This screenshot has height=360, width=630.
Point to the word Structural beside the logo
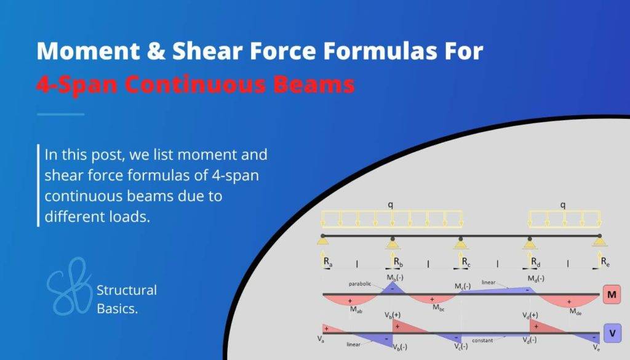coord(127,290)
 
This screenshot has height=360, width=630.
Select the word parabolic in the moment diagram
coord(360,284)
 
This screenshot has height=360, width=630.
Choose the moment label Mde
coord(575,311)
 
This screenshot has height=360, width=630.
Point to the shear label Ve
coord(596,348)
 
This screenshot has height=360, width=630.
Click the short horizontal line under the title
coord(60,114)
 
